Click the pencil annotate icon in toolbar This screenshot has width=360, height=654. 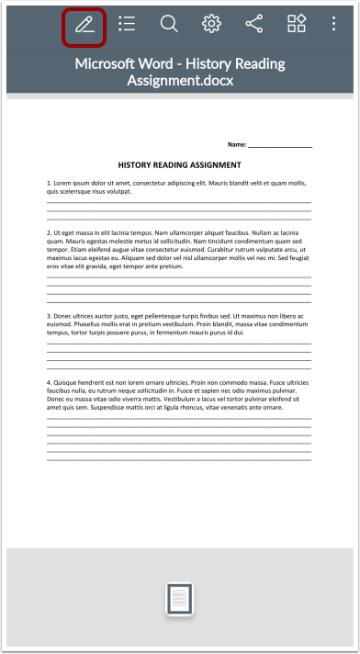pos(84,25)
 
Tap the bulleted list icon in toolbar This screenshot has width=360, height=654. pos(127,25)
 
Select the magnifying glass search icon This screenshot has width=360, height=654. pos(169,25)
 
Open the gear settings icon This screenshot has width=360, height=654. pos(212,25)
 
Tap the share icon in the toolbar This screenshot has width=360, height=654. pos(254,25)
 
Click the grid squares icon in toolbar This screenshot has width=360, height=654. pos(297,25)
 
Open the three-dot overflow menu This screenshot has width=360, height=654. pos(333,25)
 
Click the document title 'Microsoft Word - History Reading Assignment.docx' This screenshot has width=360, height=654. pos(180,72)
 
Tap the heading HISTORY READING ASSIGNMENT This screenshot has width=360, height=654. pos(180,165)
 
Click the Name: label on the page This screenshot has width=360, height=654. pos(237,144)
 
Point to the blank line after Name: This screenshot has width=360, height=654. pos(280,145)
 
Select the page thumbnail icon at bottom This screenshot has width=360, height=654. pos(180,598)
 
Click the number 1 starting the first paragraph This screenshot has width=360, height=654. pos(49,184)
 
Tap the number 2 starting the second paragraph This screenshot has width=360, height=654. pos(49,233)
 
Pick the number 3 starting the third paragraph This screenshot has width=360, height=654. pos(49,316)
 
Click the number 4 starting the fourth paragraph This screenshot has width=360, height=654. pos(49,381)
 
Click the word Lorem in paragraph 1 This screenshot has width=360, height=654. pos(64,184)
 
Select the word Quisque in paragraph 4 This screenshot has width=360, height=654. pos(68,381)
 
